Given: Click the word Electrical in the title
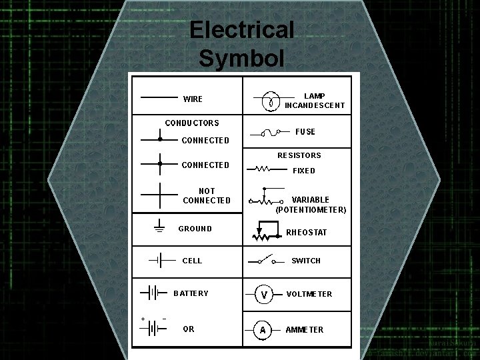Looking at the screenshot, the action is (241, 30).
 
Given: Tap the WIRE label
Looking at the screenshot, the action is (193, 99).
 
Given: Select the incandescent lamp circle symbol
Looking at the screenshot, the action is (270, 102).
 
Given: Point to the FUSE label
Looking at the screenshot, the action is (305, 132).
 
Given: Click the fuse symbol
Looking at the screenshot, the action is (270, 133).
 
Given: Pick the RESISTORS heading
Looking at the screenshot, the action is (299, 155).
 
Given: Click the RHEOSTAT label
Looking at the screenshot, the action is (307, 233).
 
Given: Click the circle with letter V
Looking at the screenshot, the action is (265, 294).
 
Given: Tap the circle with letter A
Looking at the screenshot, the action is (263, 329).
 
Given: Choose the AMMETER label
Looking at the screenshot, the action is (305, 330).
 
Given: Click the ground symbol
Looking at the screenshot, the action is (159, 227).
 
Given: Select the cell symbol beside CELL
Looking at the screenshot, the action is (155, 260).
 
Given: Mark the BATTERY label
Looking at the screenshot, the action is (191, 293).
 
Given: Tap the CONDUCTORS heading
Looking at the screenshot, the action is (192, 123).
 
